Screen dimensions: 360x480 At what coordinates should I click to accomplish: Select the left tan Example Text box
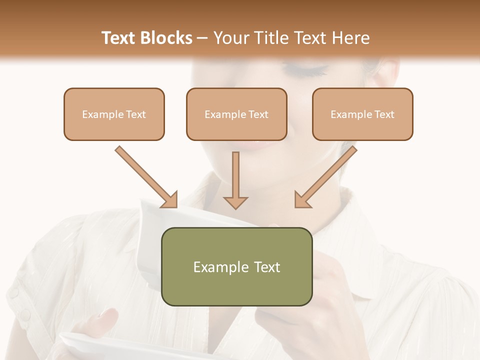point(114,114)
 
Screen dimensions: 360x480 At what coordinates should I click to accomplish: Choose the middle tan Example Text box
point(236,114)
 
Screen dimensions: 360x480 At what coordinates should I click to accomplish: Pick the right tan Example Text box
point(362,114)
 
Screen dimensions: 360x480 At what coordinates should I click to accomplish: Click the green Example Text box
point(236,266)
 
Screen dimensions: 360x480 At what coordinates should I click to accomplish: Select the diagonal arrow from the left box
point(146,176)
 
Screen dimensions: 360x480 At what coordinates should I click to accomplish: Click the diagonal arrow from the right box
point(325,176)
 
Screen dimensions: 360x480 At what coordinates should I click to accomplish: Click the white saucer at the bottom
point(100,347)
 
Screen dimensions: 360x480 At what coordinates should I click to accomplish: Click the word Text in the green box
point(266,267)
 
